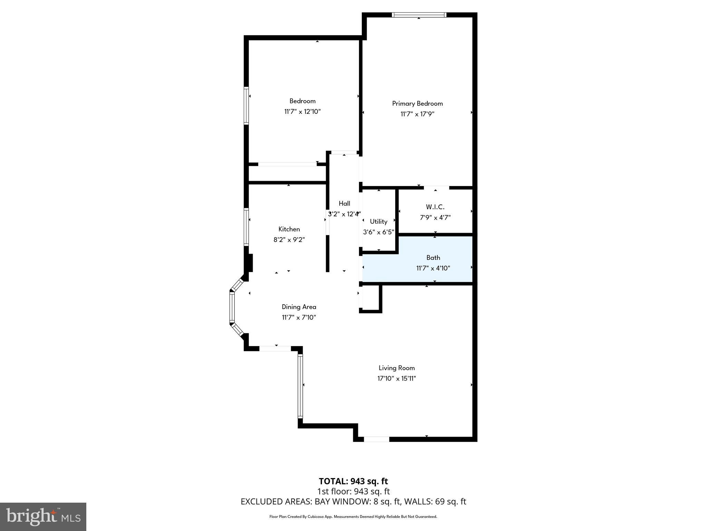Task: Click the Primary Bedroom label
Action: click(417, 103)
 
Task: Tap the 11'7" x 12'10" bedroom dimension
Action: click(302, 112)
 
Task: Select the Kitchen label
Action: click(289, 229)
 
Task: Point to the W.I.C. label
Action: click(435, 207)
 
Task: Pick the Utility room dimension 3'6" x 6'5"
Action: click(378, 232)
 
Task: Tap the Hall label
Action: click(344, 203)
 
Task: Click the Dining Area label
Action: click(299, 307)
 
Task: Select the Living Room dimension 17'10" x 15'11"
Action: click(396, 378)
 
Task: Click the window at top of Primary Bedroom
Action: click(419, 15)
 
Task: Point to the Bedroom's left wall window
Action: click(246, 105)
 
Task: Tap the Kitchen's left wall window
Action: click(246, 227)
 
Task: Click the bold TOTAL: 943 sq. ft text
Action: click(353, 481)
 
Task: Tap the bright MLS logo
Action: click(43, 516)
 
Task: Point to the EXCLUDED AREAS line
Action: click(353, 501)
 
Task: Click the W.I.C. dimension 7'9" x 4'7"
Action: click(435, 217)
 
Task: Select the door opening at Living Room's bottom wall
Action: click(376, 439)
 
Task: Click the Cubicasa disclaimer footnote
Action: click(353, 516)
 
